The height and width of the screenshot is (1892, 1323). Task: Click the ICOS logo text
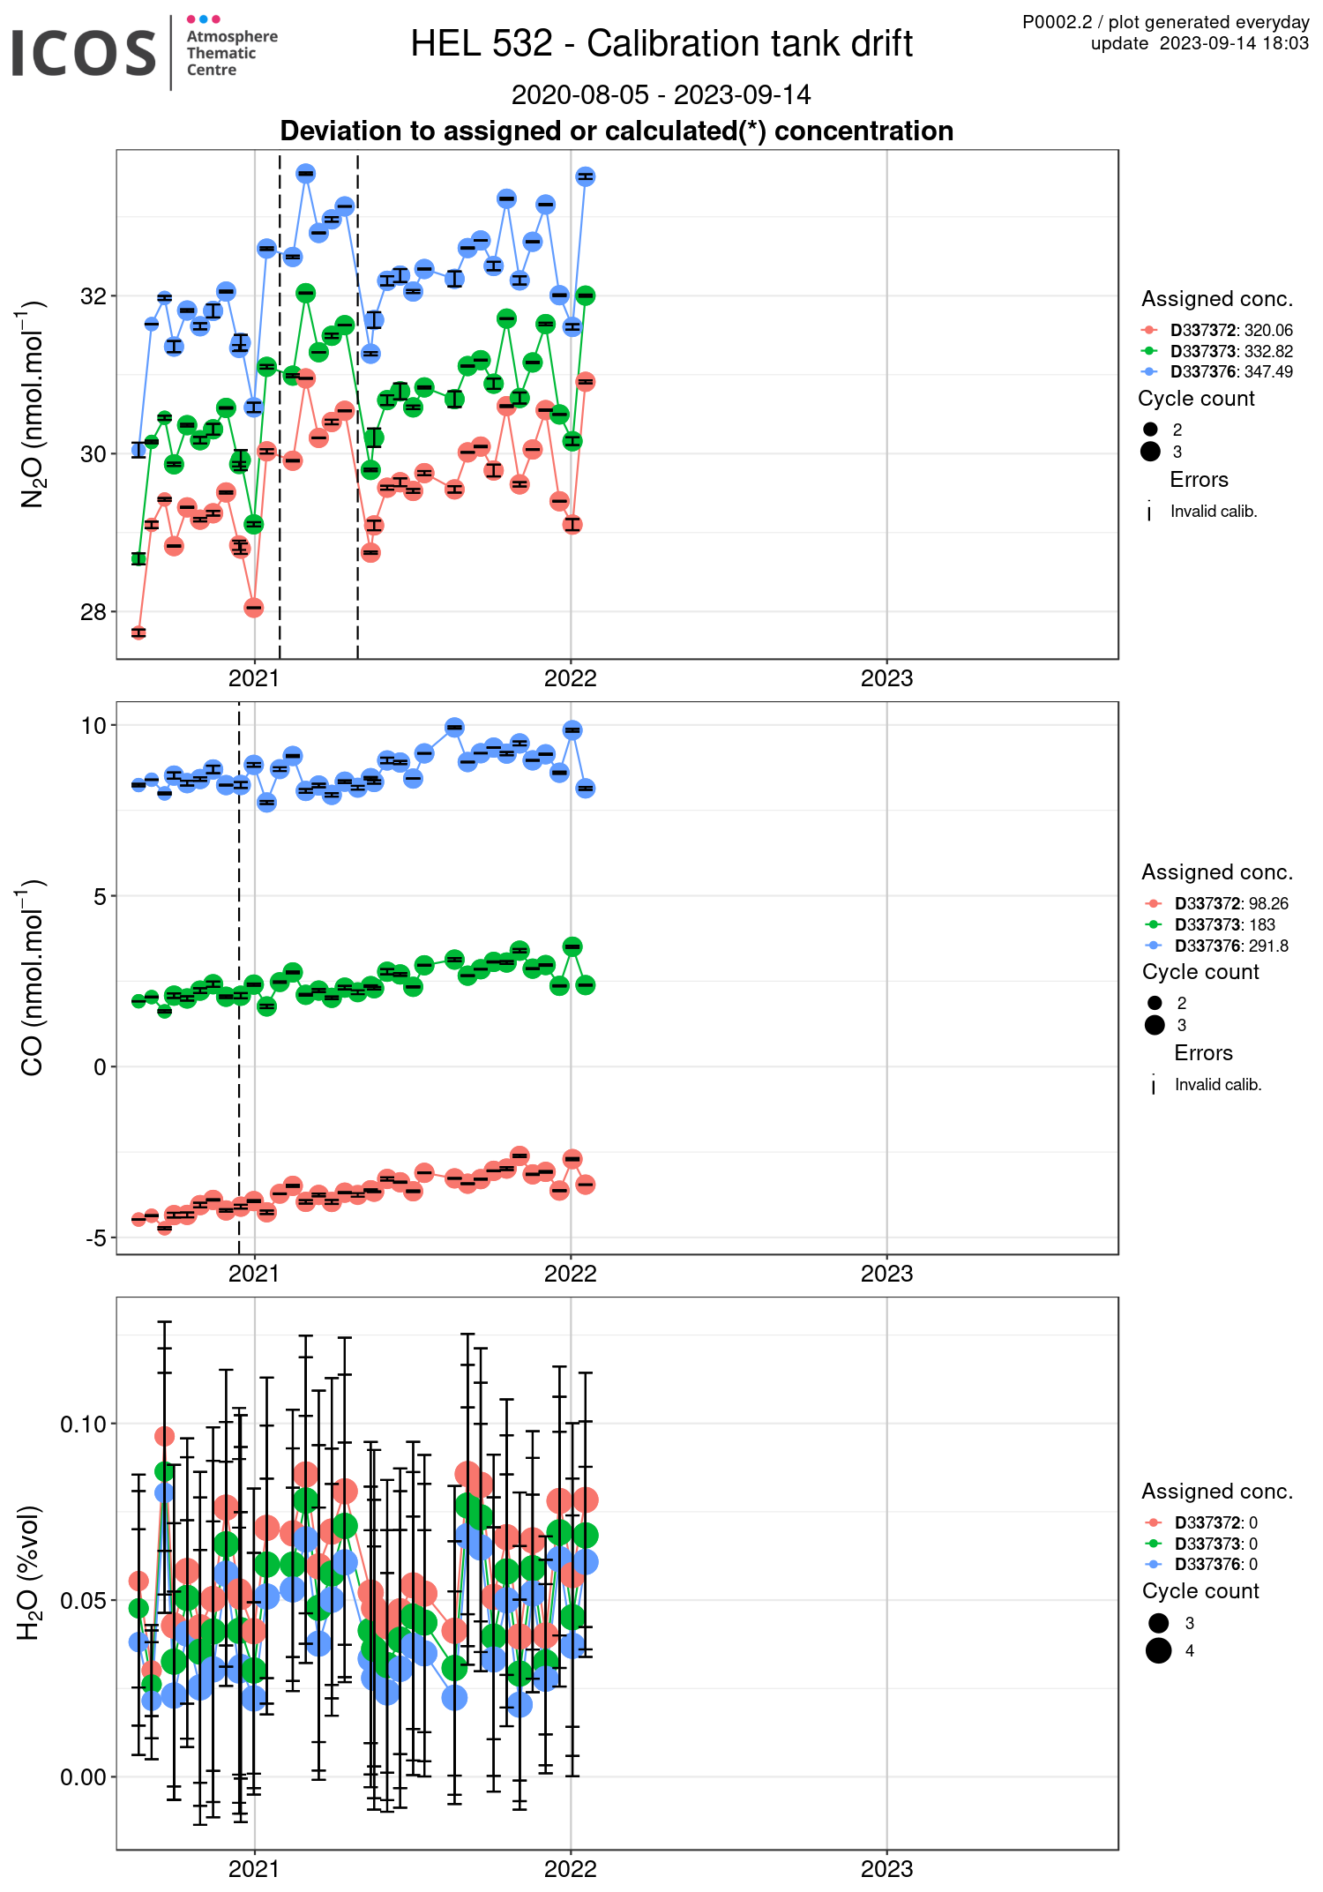(x=84, y=53)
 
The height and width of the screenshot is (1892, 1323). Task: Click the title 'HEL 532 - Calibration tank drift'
(x=661, y=43)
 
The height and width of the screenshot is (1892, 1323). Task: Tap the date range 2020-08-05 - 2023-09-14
(x=661, y=94)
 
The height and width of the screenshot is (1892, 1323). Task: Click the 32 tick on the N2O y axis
(x=93, y=296)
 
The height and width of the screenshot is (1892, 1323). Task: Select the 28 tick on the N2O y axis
(x=93, y=612)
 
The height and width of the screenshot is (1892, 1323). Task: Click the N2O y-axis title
(x=32, y=405)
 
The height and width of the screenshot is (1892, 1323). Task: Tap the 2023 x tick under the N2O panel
(x=886, y=678)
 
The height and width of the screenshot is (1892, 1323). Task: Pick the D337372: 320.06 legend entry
(x=1231, y=330)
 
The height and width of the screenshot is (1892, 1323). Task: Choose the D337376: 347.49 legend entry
(x=1231, y=371)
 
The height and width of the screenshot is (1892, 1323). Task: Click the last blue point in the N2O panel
(x=585, y=176)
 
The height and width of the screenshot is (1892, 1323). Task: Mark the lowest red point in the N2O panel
(x=138, y=632)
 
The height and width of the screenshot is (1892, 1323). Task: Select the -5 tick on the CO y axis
(x=95, y=1238)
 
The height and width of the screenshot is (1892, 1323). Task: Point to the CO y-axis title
(x=32, y=978)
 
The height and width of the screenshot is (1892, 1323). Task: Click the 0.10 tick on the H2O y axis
(x=83, y=1425)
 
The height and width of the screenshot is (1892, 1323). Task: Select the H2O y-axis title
(x=30, y=1572)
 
